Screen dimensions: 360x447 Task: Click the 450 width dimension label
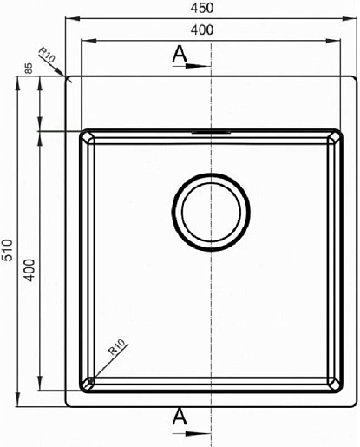[x=202, y=8]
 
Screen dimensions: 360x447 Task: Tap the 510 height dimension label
[x=7, y=250]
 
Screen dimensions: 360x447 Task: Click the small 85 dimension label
[x=29, y=69]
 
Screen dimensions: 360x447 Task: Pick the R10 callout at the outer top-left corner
[x=47, y=55]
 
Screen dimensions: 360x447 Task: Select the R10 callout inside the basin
[x=116, y=347]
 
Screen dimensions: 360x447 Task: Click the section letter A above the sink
[x=180, y=54]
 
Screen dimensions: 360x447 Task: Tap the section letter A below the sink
[x=180, y=416]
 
